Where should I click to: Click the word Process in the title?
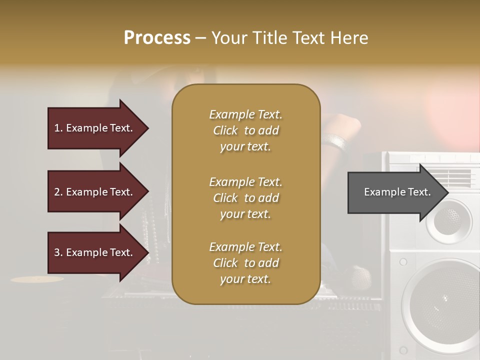point(157,38)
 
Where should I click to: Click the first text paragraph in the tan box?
point(245,130)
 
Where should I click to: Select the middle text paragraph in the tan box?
point(245,198)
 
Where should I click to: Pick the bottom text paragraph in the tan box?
point(245,263)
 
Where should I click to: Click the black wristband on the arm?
point(336,142)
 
